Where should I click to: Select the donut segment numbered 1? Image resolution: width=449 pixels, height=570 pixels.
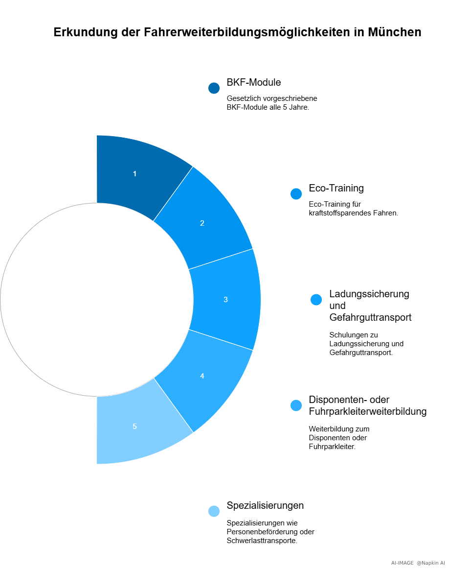(x=135, y=174)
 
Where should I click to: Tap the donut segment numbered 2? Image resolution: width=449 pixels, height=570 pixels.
(x=202, y=223)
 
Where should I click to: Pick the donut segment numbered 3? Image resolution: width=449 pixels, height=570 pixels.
(x=225, y=299)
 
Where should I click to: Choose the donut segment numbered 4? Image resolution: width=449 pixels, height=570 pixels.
(x=202, y=376)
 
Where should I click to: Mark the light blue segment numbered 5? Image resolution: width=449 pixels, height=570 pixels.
(x=135, y=426)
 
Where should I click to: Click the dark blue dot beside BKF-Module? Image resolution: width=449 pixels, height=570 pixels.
(x=214, y=88)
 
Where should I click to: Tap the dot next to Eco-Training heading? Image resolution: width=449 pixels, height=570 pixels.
(x=296, y=194)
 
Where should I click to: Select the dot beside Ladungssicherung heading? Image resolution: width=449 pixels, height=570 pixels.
(x=316, y=300)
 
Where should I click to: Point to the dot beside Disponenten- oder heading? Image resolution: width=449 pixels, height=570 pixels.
(x=296, y=405)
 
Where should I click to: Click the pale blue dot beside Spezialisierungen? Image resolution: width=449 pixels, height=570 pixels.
(x=214, y=511)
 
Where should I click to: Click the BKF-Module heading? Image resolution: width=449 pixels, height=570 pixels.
(x=253, y=82)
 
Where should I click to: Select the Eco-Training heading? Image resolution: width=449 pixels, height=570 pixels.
(x=336, y=188)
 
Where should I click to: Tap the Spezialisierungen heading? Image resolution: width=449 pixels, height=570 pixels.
(x=265, y=505)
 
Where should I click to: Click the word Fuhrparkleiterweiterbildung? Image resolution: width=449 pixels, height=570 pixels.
(x=367, y=411)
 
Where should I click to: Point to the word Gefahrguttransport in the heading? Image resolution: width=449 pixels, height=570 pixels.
(x=370, y=317)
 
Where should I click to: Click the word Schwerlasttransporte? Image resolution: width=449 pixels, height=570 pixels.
(x=262, y=541)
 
